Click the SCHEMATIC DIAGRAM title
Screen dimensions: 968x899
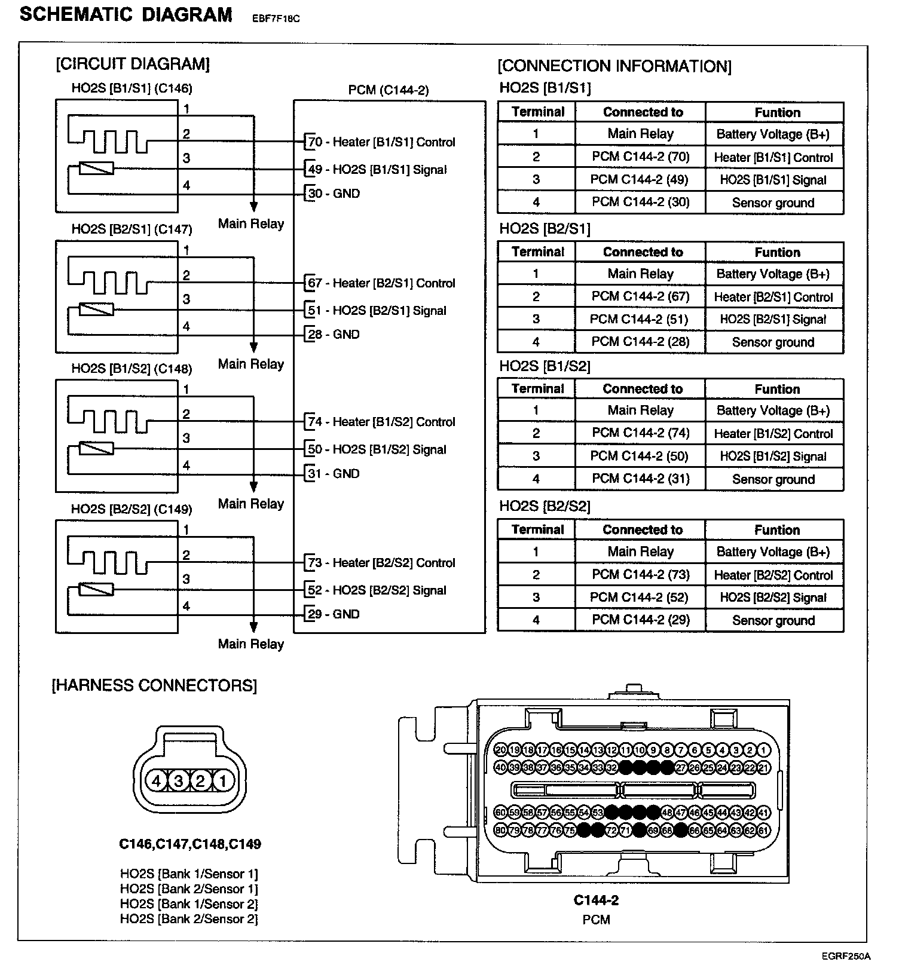coord(126,14)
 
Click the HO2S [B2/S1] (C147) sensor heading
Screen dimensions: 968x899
coord(132,229)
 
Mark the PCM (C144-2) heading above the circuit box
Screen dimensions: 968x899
coord(389,90)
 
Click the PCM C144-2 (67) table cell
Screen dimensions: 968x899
coord(640,296)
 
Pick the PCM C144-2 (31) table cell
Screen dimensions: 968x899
coord(640,479)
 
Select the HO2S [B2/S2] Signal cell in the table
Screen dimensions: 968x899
coord(773,598)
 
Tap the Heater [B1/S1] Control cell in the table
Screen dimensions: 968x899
coord(773,158)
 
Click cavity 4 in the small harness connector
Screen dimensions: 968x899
coord(157,780)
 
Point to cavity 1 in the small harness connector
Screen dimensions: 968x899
coord(222,780)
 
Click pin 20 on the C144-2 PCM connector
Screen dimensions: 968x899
coord(501,750)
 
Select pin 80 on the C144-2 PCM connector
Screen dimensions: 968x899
coord(501,831)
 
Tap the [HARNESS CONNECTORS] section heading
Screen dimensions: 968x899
coord(154,685)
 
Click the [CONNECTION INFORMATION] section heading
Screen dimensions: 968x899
coord(614,66)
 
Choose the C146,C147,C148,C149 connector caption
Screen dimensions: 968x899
coord(189,844)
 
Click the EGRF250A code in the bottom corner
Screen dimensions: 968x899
coord(845,957)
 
